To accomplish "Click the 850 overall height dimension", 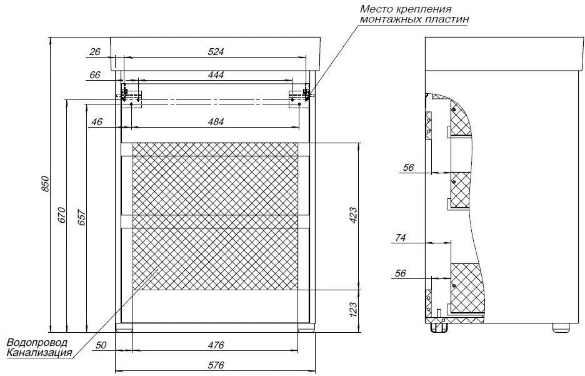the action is point(44,183).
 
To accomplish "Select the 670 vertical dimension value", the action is point(62,215).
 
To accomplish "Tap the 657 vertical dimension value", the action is point(81,218).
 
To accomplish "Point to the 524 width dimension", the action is point(216,51).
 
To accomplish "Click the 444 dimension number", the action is point(216,75).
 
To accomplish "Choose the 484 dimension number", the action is point(216,122).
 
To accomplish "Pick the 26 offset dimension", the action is point(95,51).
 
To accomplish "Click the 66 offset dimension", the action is point(95,75).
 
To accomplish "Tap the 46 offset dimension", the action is point(97,122).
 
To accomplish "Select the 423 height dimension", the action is point(353,215).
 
